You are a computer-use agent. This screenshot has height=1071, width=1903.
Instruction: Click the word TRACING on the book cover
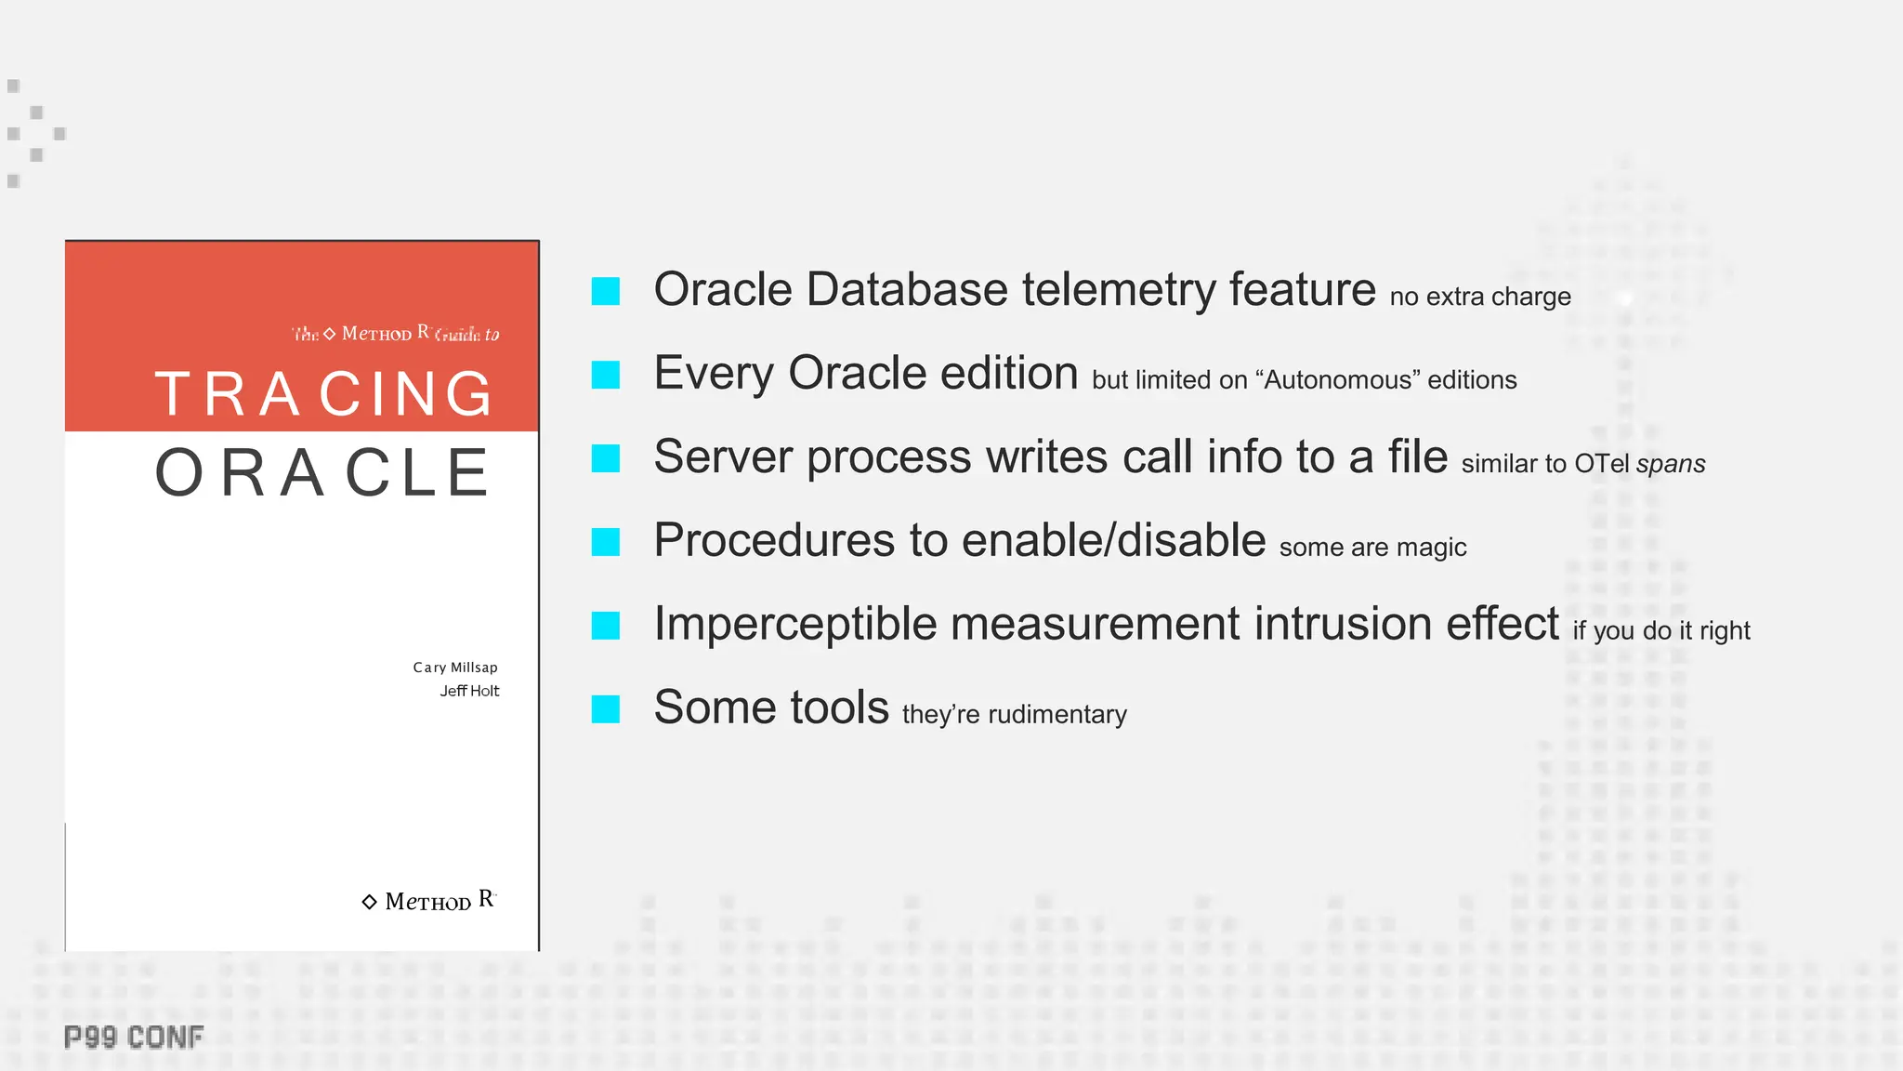point(323,394)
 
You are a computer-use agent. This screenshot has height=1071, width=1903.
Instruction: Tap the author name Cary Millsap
point(455,668)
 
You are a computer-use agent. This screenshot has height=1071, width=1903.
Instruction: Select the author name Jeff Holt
point(469,691)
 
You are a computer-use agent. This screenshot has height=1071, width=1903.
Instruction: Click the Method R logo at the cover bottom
point(429,901)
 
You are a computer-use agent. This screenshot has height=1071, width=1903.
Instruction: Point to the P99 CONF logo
point(134,1038)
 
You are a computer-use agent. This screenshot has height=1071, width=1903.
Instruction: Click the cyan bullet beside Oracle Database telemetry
point(606,291)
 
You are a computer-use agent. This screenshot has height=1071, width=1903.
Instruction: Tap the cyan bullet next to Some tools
point(606,709)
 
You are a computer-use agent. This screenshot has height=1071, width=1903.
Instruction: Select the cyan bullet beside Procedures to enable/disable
point(606,542)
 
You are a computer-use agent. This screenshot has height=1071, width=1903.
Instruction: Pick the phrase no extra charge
point(1480,297)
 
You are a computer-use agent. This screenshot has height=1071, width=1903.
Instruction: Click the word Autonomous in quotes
point(1338,380)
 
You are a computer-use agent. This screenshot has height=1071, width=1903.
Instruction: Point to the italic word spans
point(1671,464)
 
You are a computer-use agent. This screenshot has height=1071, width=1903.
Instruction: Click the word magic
point(1431,548)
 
